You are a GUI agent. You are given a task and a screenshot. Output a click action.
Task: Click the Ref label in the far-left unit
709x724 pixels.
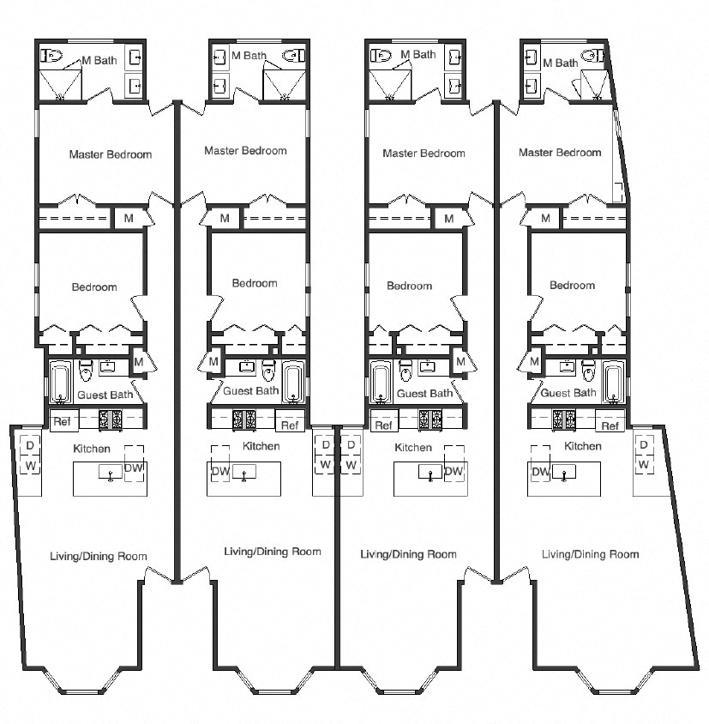click(61, 421)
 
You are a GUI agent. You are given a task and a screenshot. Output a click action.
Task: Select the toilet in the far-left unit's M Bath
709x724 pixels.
click(52, 57)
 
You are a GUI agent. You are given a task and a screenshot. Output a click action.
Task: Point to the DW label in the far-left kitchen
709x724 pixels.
click(134, 468)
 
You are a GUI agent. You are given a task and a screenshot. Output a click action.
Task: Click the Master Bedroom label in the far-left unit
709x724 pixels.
click(111, 155)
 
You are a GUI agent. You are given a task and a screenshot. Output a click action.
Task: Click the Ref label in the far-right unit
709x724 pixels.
click(610, 425)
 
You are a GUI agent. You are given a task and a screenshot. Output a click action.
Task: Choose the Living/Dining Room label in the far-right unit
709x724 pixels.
click(590, 554)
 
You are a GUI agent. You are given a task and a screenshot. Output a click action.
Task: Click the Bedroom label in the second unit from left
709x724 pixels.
click(255, 283)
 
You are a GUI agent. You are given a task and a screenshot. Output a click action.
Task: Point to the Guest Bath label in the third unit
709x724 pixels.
click(424, 394)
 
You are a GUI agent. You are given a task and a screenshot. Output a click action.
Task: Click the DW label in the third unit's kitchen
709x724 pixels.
click(454, 472)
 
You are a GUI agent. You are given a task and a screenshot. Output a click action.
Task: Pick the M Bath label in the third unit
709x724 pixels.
click(418, 54)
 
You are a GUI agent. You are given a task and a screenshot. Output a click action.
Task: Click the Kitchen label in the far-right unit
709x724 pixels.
click(582, 446)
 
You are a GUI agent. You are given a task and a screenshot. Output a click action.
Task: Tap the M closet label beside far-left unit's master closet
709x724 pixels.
click(129, 219)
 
